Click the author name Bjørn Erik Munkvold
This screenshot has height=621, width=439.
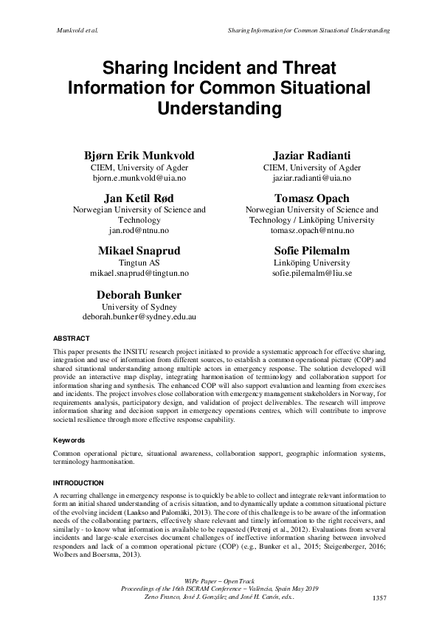139,156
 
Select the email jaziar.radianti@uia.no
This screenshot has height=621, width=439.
301,178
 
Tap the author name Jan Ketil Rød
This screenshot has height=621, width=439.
139,198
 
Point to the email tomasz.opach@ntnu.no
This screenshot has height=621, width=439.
301,231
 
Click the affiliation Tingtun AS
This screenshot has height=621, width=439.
139,262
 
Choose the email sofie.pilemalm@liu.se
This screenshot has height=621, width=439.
301,273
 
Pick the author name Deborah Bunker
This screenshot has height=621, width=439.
139,294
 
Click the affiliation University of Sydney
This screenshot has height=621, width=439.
139,305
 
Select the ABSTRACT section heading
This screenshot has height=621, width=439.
71,339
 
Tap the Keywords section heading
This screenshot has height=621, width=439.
71,440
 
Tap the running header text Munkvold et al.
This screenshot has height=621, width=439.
77,30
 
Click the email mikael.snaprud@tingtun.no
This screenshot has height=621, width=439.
139,273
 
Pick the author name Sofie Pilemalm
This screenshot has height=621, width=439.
301,251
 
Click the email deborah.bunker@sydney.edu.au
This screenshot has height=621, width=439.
139,316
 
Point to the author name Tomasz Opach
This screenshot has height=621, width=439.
301,198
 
